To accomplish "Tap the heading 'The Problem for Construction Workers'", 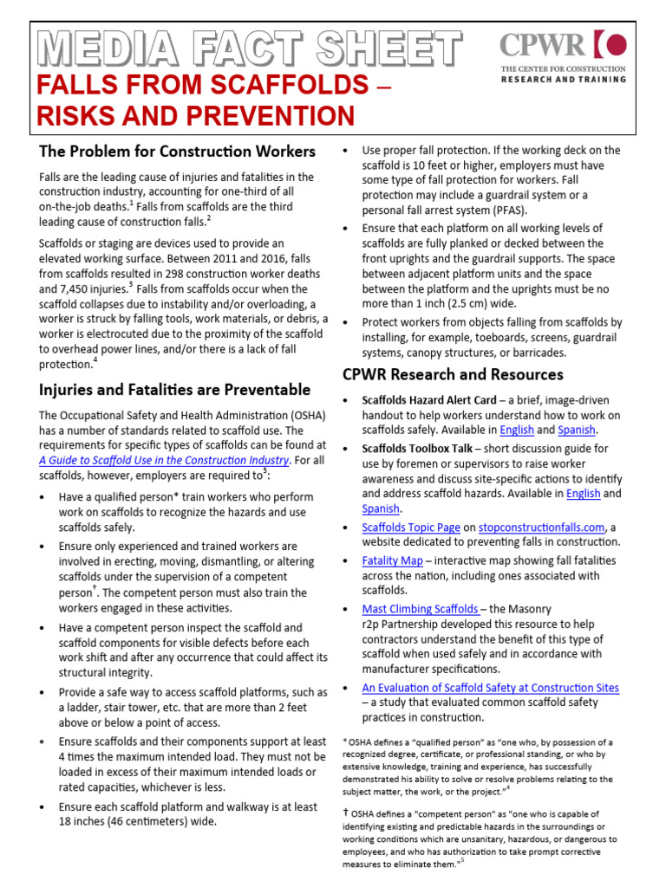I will [177, 152].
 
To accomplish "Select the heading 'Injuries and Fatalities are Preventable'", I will [174, 389].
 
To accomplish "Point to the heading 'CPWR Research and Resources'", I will [453, 374].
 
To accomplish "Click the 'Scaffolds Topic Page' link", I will [410, 527].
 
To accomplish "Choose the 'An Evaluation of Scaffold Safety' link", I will [490, 688].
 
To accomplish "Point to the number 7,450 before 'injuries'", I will [72, 289].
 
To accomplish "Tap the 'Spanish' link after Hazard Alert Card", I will [577, 430].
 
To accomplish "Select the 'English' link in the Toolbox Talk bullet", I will [583, 494].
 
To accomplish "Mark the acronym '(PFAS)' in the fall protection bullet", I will [506, 210].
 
